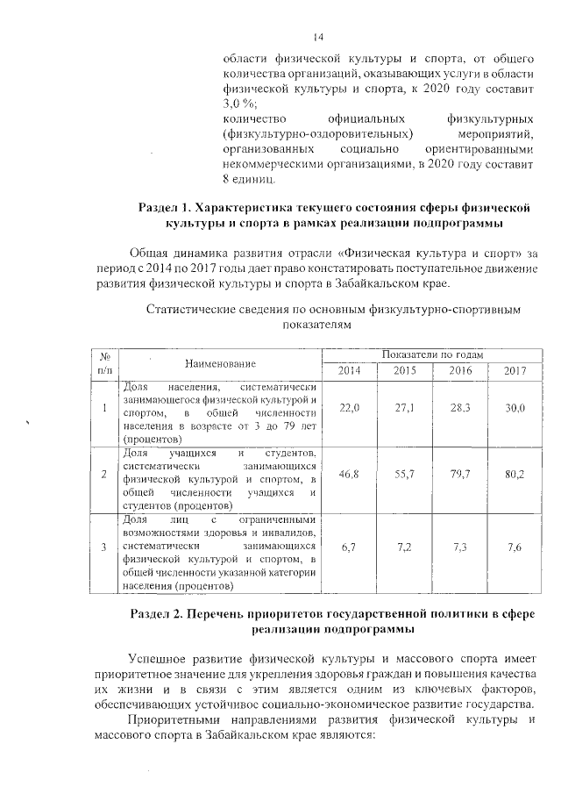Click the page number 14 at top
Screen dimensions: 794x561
point(318,37)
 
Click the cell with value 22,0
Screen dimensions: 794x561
point(350,409)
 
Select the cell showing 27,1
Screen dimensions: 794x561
point(404,409)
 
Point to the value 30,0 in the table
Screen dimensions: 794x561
point(515,409)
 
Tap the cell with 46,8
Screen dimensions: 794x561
point(350,475)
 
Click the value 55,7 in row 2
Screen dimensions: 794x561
point(404,475)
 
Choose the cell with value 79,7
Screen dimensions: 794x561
point(460,475)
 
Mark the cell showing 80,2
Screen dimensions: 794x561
point(515,475)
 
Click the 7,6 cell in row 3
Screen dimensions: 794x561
point(515,547)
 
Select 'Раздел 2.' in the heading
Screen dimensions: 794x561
point(157,612)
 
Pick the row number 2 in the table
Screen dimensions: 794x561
point(104,475)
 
